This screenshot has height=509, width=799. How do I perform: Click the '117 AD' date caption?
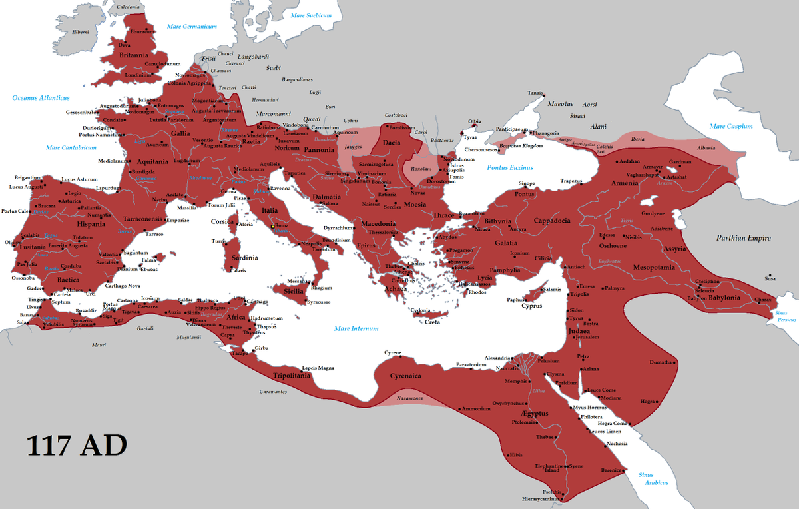(x=77, y=446)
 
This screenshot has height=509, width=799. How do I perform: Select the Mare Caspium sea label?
(x=730, y=126)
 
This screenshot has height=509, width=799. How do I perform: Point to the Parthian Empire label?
(x=743, y=238)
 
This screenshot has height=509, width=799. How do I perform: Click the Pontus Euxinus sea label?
(x=510, y=167)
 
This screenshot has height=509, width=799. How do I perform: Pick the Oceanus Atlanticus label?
(x=41, y=98)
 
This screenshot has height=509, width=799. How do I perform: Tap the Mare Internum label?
(x=356, y=328)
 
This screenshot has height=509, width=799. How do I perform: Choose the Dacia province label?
(x=392, y=142)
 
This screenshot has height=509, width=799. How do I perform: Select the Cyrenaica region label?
(x=406, y=376)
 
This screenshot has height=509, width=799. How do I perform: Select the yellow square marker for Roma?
(x=272, y=227)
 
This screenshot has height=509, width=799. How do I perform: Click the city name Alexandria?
(x=498, y=358)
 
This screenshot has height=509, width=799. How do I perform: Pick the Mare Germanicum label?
(x=192, y=27)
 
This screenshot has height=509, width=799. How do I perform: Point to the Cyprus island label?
(x=531, y=306)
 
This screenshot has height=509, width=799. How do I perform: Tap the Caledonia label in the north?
(x=129, y=7)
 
